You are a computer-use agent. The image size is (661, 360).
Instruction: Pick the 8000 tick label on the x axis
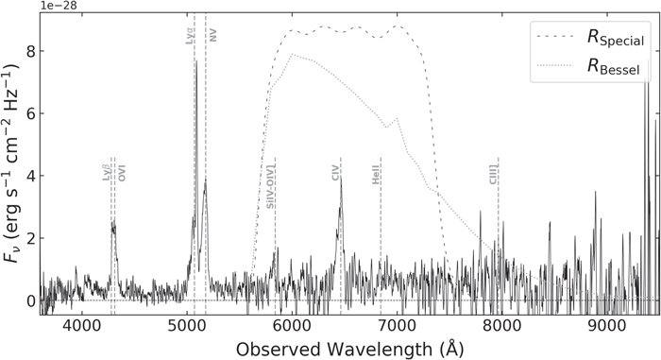click(502, 324)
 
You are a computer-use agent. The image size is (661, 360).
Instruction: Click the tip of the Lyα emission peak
click(195, 61)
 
